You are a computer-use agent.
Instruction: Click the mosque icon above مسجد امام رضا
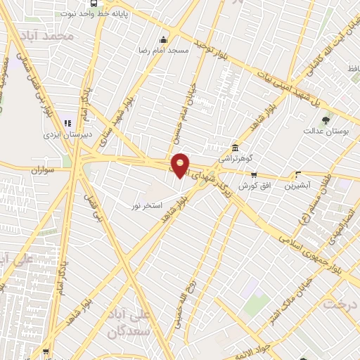(x=163, y=39)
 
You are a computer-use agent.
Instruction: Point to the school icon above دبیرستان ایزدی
(x=67, y=122)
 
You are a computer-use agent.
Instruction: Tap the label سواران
(x=44, y=170)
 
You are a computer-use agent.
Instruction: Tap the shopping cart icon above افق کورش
(x=254, y=175)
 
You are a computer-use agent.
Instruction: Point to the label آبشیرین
(x=300, y=186)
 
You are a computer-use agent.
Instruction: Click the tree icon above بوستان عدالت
(x=324, y=121)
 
